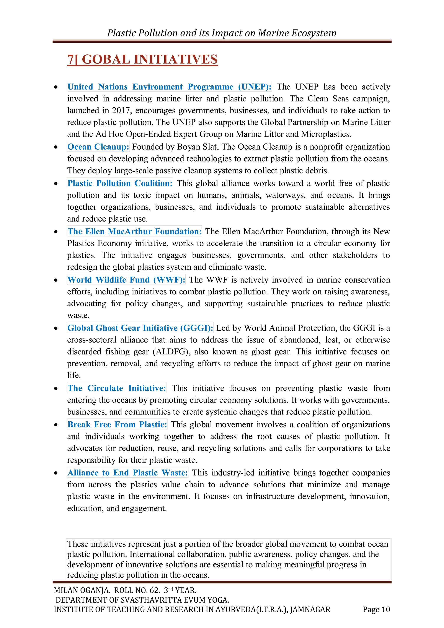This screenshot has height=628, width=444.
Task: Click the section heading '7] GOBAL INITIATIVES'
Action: [142, 60]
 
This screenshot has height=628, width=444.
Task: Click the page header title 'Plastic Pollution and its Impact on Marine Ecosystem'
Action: [222, 33]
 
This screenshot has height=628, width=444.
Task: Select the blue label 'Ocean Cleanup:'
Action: [98, 147]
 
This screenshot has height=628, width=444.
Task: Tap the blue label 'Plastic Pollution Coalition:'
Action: [120, 183]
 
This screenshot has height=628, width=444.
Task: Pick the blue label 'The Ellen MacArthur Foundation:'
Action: [135, 232]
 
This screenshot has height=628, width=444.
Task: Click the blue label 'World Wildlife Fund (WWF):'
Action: [126, 280]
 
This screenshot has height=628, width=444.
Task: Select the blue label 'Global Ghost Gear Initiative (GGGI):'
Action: [140, 328]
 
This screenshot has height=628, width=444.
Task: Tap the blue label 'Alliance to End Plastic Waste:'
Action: [127, 473]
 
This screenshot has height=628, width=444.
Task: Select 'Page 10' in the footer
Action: [376, 609]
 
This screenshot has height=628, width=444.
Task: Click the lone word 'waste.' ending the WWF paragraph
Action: [78, 316]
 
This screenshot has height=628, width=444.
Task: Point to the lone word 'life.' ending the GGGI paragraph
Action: [74, 375]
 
